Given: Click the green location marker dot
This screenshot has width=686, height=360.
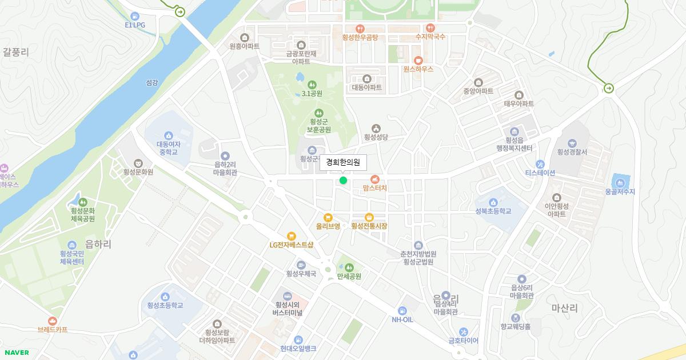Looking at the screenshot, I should pos(343,181).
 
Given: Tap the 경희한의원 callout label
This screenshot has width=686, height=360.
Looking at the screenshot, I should pos(343,162).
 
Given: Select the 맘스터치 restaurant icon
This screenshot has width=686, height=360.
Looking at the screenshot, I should pos(375,179).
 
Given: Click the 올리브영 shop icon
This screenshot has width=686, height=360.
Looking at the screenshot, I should pos(328,217).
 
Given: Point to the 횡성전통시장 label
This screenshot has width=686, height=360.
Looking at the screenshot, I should pos(369,226).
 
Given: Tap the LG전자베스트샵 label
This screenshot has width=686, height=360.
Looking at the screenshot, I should pos(292,245).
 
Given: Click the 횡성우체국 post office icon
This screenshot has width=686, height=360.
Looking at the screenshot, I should pos(301,265).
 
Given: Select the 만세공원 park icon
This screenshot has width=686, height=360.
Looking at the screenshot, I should pos(349,267).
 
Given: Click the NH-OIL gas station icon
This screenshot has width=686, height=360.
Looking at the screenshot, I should pos(402,310).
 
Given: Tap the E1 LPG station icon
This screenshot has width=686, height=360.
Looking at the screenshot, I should pos(135,16).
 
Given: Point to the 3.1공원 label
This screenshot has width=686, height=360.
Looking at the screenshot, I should pos(312,94).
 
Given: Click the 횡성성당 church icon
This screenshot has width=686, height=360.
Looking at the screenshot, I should pos(376,128).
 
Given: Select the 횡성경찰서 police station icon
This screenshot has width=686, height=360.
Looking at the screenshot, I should pos(572,143).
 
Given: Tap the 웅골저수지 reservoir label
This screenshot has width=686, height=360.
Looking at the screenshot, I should pos(620,192).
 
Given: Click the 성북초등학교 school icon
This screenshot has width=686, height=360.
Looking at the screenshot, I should pos(493,202).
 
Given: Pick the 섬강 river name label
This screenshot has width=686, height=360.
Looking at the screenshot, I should pos(151,82).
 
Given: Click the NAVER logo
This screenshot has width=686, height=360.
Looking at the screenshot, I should pos(17,353).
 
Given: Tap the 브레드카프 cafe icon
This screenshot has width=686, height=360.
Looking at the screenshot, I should pos(53,321).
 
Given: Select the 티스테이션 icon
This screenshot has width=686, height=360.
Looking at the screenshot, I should pos(540,164).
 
